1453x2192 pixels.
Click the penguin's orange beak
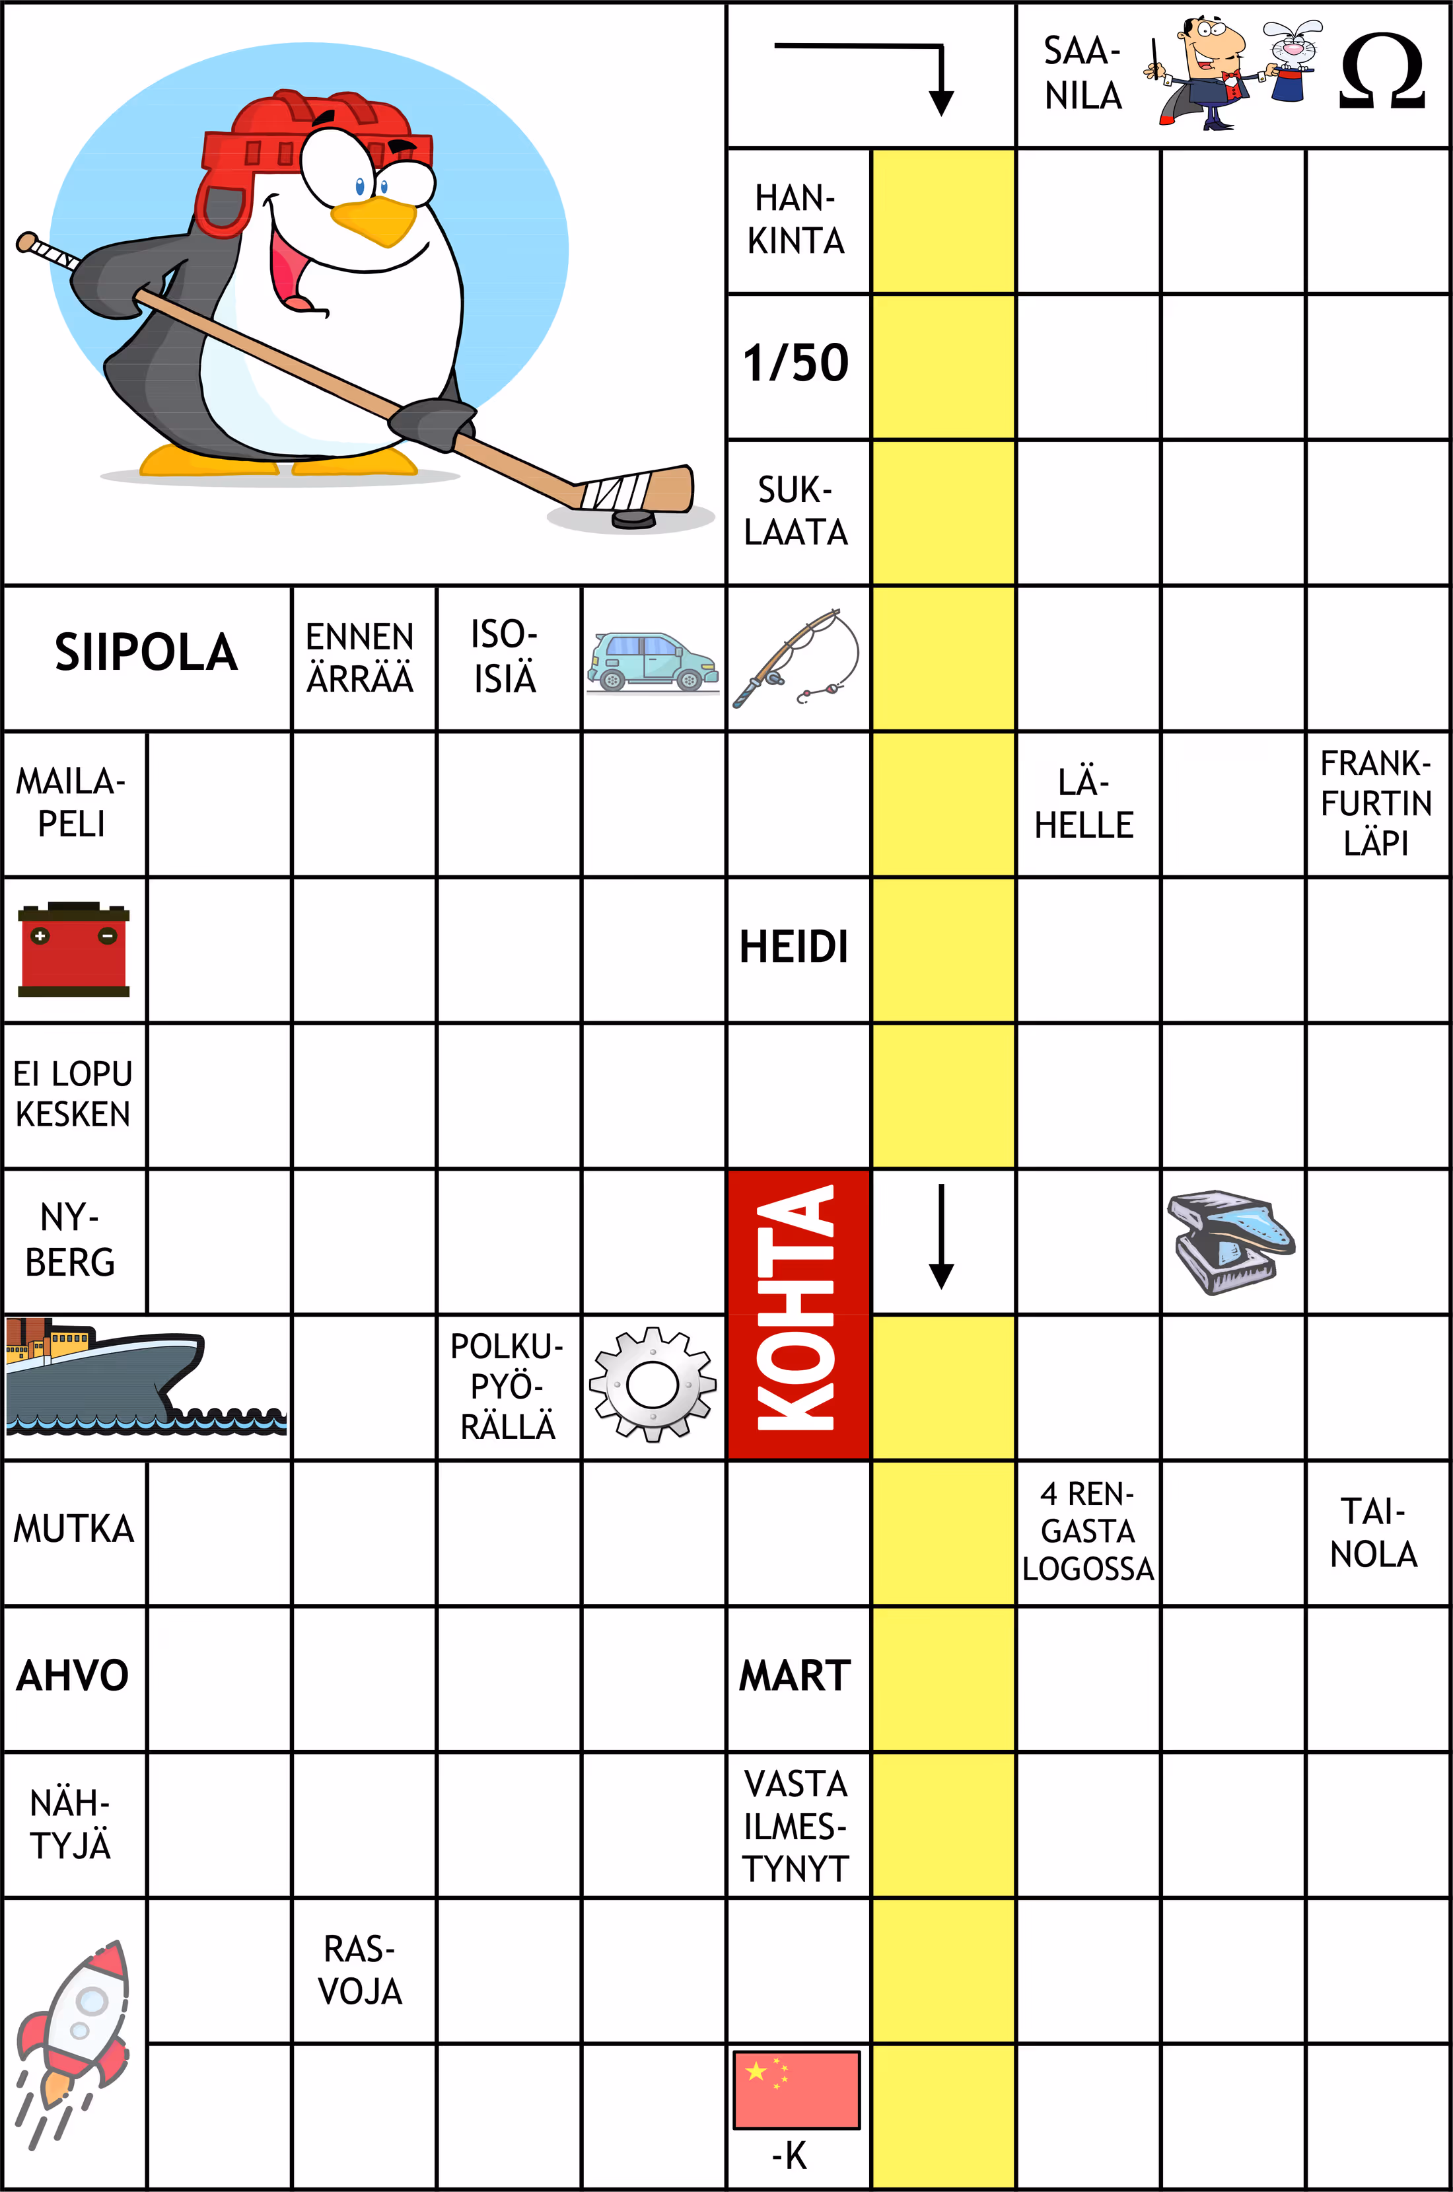(374, 221)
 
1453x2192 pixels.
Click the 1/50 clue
(796, 363)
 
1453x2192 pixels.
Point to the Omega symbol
(1381, 72)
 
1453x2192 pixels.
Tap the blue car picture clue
(653, 662)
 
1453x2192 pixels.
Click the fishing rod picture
(798, 657)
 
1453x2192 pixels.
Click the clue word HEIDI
(794, 947)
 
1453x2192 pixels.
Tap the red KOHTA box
(798, 1314)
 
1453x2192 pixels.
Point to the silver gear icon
(653, 1385)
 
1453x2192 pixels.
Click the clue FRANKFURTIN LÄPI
(1376, 803)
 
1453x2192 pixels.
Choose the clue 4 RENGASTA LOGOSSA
(1088, 1531)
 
